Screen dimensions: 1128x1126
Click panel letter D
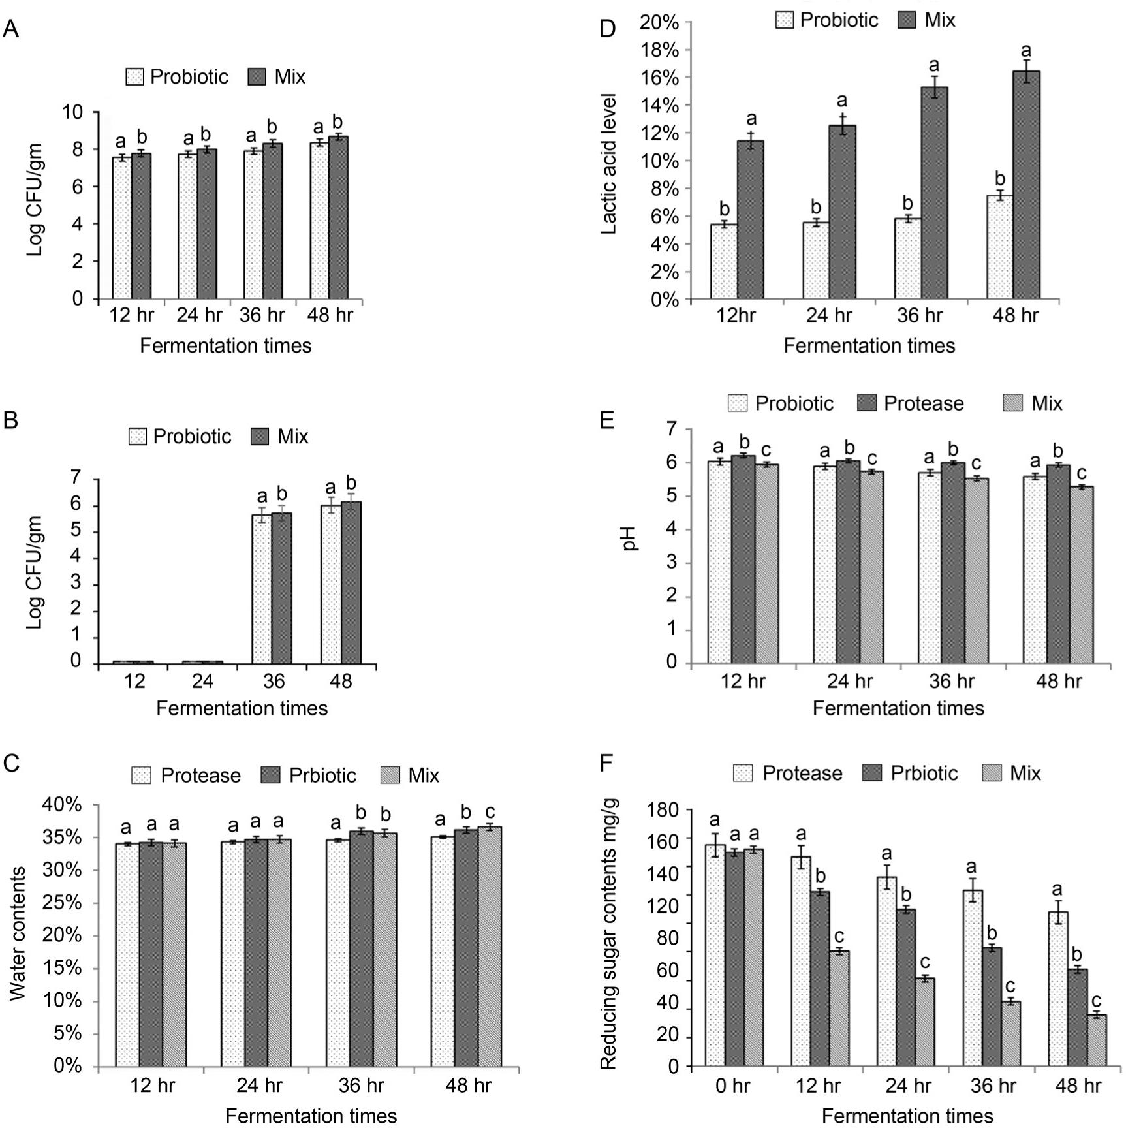[607, 29]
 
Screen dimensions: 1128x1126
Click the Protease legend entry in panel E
[911, 403]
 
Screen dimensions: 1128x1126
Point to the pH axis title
[630, 539]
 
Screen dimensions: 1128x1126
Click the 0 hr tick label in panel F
[732, 1086]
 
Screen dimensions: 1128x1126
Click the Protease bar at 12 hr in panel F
[801, 962]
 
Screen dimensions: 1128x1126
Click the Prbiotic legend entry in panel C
[309, 775]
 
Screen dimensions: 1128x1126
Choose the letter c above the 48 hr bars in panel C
[490, 812]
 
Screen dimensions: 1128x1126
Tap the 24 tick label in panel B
[202, 681]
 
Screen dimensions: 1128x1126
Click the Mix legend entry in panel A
[277, 77]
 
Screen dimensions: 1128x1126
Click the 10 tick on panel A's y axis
[73, 112]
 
